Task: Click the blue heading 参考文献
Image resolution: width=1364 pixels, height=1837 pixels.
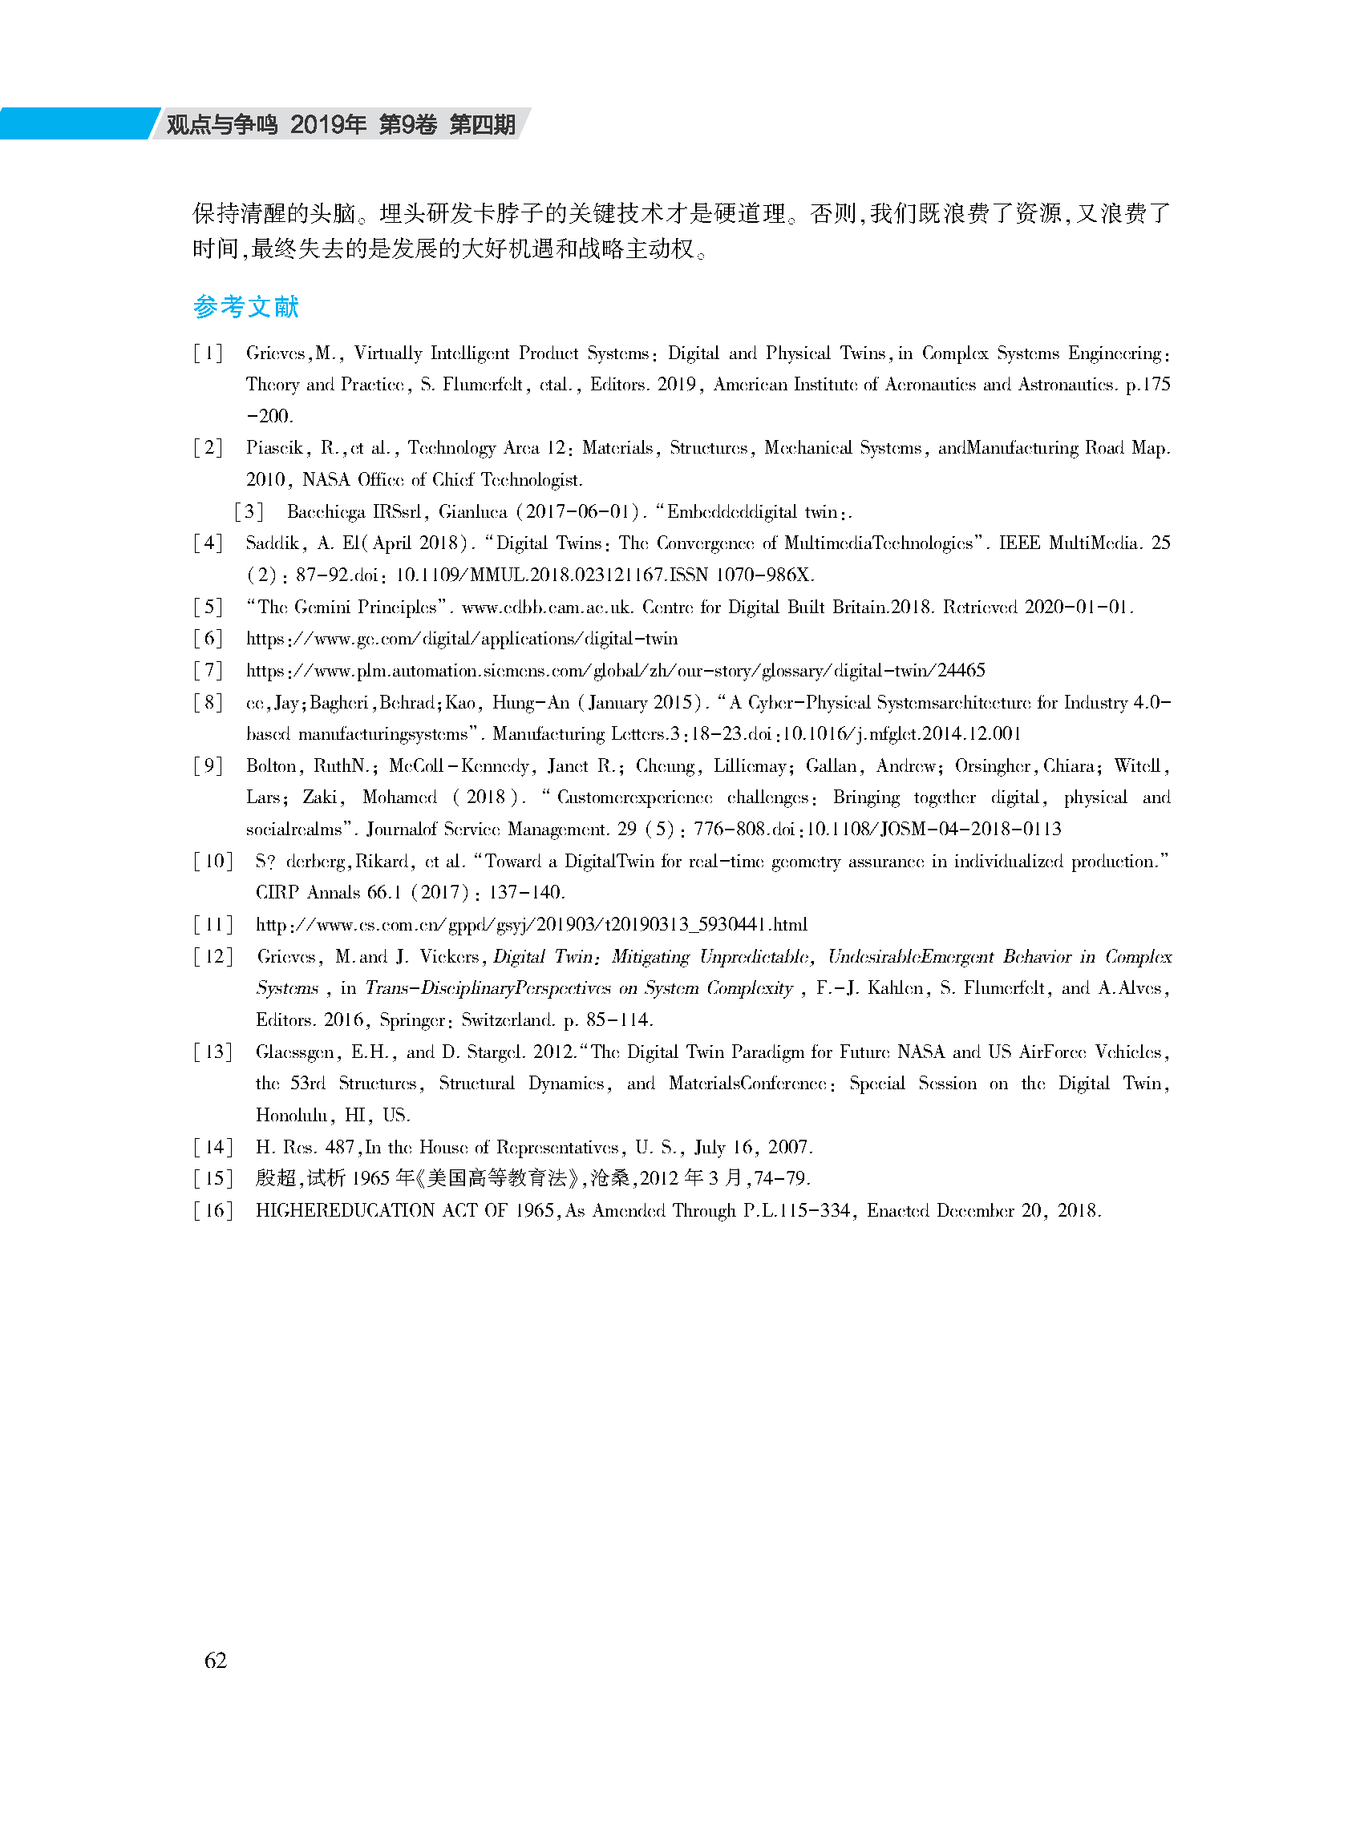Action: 245,307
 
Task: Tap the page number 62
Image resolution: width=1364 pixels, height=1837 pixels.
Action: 216,1660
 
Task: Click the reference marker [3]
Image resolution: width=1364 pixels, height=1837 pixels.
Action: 249,511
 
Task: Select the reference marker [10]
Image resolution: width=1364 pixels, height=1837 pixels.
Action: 213,862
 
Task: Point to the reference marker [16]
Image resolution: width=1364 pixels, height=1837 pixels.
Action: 213,1210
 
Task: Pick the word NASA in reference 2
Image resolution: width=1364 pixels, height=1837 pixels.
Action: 326,479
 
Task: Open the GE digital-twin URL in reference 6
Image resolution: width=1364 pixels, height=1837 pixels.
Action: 462,639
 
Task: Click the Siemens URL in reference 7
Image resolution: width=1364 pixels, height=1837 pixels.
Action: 615,670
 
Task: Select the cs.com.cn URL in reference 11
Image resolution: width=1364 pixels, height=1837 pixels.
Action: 531,924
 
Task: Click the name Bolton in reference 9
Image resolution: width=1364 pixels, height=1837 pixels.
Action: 271,766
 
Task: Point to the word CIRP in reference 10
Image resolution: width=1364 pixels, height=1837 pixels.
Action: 277,892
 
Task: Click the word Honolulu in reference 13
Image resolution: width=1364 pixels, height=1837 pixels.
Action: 291,1115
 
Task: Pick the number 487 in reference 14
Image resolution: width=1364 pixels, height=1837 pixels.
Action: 339,1147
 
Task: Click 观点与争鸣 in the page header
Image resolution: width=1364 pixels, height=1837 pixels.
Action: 221,124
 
